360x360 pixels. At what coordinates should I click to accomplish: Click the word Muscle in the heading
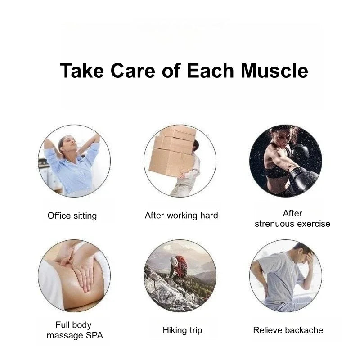[274, 71]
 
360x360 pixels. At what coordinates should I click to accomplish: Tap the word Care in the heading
[133, 71]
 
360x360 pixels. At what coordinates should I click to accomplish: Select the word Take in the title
[82, 71]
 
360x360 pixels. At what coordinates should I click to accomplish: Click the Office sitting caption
[72, 216]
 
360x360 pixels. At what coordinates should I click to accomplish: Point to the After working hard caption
[181, 216]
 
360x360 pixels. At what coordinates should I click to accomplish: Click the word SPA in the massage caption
[94, 335]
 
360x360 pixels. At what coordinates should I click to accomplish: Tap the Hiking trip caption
[183, 330]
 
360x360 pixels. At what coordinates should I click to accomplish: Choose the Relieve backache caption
[288, 330]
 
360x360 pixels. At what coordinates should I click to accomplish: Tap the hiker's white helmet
[174, 261]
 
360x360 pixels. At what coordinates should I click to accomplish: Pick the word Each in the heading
[210, 71]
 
